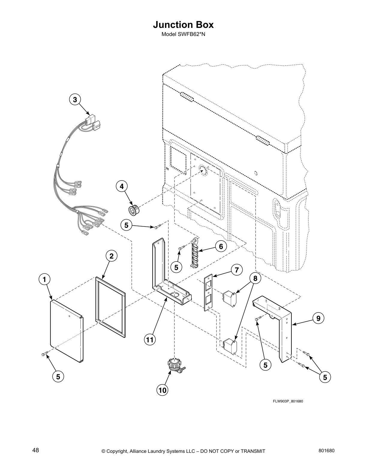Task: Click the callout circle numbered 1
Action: pyautogui.click(x=44, y=280)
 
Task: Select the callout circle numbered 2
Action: pyautogui.click(x=111, y=256)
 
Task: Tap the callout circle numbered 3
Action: pyautogui.click(x=75, y=100)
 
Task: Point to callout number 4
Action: pyautogui.click(x=121, y=186)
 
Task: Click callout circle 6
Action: pyautogui.click(x=221, y=246)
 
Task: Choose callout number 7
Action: pyautogui.click(x=236, y=270)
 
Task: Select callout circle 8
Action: pyautogui.click(x=255, y=279)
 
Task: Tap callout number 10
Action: pyautogui.click(x=162, y=390)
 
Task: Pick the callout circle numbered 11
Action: pyautogui.click(x=150, y=340)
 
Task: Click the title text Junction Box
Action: pyautogui.click(x=183, y=25)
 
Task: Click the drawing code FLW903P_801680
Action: pyautogui.click(x=288, y=402)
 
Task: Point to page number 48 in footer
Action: pyautogui.click(x=35, y=450)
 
